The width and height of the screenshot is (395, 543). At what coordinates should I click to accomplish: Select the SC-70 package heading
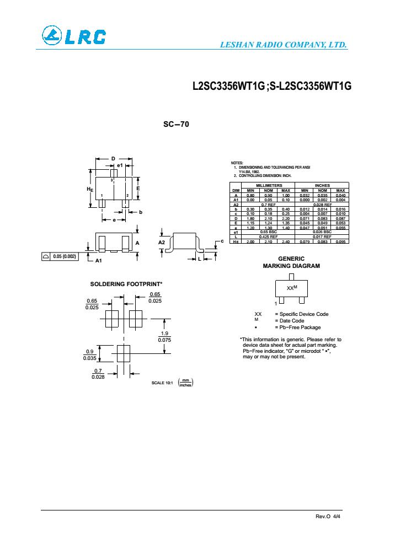[176, 125]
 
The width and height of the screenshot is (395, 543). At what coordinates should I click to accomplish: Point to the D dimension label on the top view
[113, 159]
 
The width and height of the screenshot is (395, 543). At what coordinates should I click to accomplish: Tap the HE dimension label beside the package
[89, 189]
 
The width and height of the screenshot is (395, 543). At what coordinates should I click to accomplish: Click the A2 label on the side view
[161, 242]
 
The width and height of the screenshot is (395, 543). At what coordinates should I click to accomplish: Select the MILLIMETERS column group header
[267, 185]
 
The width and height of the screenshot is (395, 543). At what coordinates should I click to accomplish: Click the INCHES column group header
[322, 185]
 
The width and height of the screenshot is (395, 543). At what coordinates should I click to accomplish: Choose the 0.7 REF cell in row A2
[267, 204]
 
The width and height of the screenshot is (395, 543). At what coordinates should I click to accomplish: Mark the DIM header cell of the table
[236, 190]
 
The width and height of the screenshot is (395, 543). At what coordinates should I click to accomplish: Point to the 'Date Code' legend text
[292, 321]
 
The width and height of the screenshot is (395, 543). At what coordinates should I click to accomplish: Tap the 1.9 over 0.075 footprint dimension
[164, 337]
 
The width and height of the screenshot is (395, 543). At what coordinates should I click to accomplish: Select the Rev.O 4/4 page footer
[328, 517]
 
